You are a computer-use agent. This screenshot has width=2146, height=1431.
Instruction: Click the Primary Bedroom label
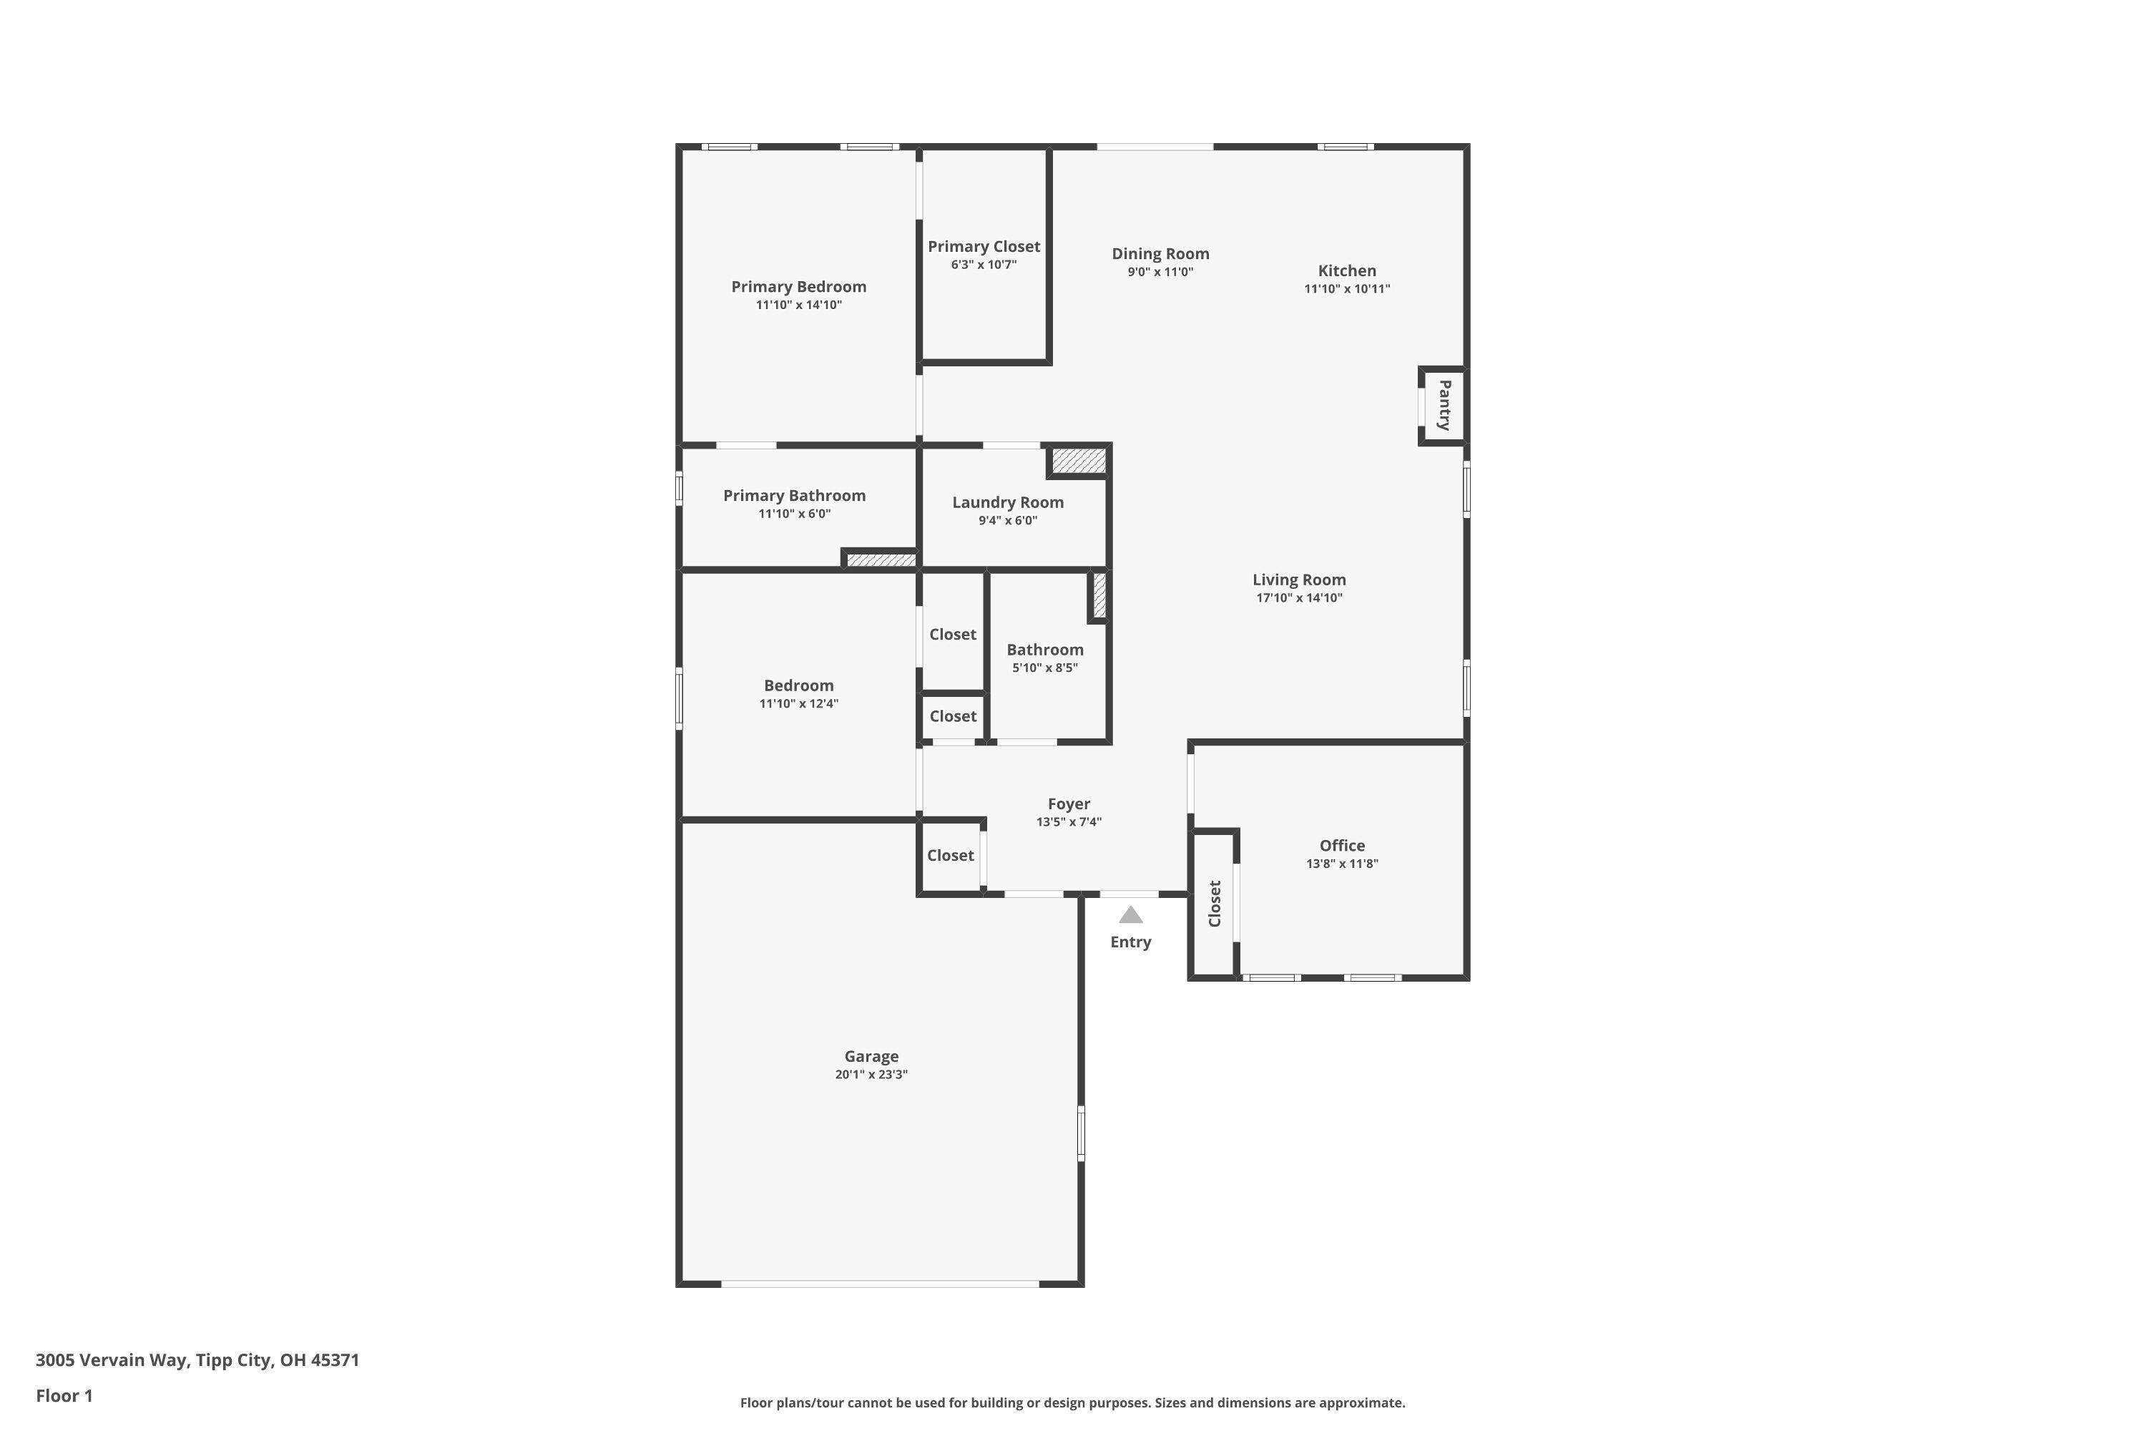click(x=798, y=287)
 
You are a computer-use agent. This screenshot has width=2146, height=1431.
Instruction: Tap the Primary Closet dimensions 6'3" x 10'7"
click(x=984, y=265)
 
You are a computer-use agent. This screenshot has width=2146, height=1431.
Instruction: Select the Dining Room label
click(x=1160, y=254)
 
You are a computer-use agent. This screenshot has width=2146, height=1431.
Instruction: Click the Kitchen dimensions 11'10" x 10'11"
click(x=1347, y=289)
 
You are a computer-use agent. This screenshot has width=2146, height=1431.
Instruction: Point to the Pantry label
click(x=1444, y=405)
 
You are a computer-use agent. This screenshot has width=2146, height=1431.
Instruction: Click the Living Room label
click(x=1298, y=580)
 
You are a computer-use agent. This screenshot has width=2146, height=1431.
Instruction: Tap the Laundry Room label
click(x=1007, y=502)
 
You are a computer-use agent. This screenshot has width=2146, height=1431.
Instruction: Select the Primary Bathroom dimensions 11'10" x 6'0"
click(x=794, y=514)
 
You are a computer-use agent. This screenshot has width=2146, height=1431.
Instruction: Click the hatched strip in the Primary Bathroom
click(x=881, y=560)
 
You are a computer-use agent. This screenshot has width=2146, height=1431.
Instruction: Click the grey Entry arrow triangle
click(x=1130, y=915)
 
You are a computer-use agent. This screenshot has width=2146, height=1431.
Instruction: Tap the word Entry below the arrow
click(x=1130, y=942)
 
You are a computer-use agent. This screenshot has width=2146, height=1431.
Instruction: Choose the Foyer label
click(x=1069, y=804)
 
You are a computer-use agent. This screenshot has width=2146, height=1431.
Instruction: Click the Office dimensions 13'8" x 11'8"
click(x=1341, y=864)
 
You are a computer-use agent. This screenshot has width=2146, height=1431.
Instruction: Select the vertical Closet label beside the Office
click(x=1215, y=904)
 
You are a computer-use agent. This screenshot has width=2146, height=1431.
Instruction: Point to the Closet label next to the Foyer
click(x=950, y=855)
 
